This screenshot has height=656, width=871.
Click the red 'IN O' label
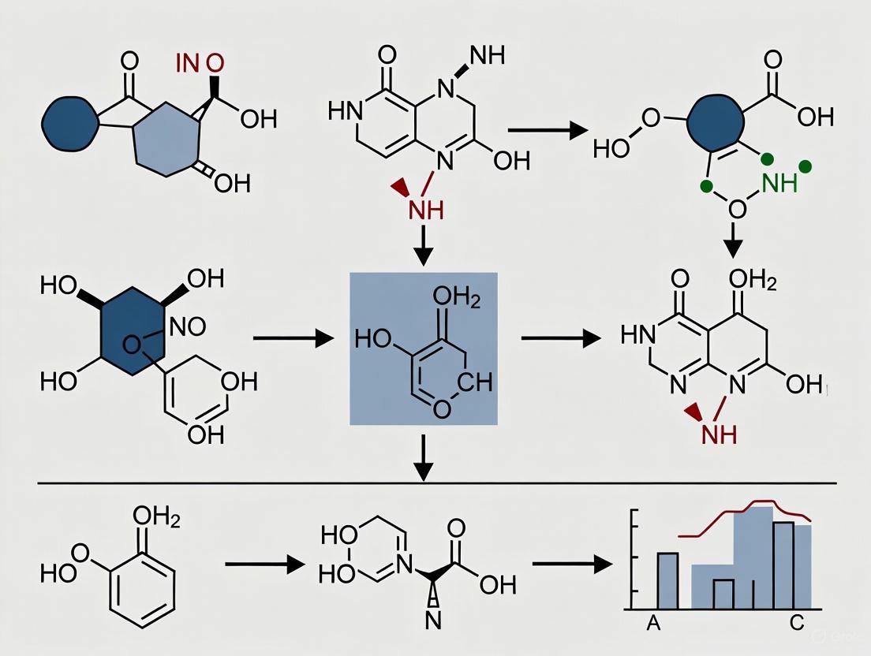tap(200, 63)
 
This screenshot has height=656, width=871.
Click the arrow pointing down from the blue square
tap(424, 457)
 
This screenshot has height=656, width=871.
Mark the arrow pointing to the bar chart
tap(573, 564)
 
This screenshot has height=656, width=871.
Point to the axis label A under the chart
tap(652, 624)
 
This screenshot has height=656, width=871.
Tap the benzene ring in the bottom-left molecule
tap(141, 584)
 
